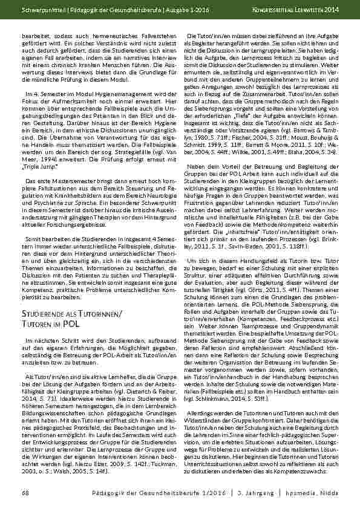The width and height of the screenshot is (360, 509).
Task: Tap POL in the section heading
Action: point(71,324)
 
